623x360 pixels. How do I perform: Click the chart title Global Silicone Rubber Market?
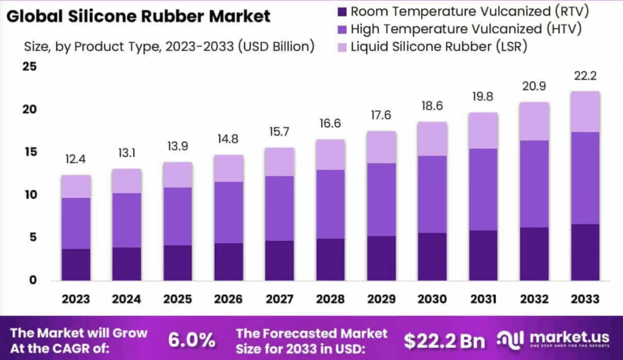pyautogui.click(x=138, y=16)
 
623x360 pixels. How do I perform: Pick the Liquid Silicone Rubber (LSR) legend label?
pyautogui.click(x=439, y=46)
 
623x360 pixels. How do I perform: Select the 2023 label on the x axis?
pyautogui.click(x=75, y=299)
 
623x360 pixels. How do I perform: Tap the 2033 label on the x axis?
pyautogui.click(x=585, y=299)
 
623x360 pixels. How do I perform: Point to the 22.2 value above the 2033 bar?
pyautogui.click(x=585, y=77)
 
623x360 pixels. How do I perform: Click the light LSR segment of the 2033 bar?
pyautogui.click(x=585, y=112)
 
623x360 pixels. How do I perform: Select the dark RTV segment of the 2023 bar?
pyautogui.click(x=75, y=265)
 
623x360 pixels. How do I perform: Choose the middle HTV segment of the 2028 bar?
pyautogui.click(x=330, y=204)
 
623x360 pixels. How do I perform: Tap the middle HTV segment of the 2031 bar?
pyautogui.click(x=482, y=189)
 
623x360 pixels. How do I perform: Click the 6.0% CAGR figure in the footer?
pyautogui.click(x=192, y=341)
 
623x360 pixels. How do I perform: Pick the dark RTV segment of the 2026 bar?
pyautogui.click(x=228, y=261)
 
